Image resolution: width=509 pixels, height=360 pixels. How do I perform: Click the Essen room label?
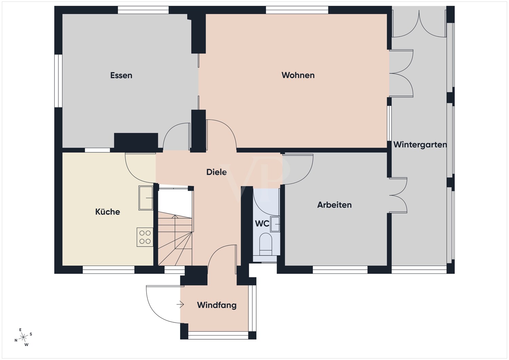pyautogui.click(x=121, y=75)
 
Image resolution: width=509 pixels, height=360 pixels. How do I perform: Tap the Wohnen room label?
pyautogui.click(x=298, y=75)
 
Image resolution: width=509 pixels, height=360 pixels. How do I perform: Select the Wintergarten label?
pyautogui.click(x=420, y=145)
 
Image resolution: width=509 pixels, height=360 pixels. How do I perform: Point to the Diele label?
pyautogui.click(x=216, y=172)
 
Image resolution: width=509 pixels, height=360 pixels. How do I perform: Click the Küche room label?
pyautogui.click(x=108, y=212)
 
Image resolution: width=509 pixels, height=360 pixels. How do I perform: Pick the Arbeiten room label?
pyautogui.click(x=334, y=205)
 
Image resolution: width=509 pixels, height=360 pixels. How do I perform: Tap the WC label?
pyautogui.click(x=262, y=224)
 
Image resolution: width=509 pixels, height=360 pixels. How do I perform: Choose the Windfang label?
pyautogui.click(x=216, y=305)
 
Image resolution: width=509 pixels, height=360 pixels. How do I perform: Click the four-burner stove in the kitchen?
pyautogui.click(x=145, y=237)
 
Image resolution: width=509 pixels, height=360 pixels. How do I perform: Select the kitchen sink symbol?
pyautogui.click(x=146, y=198)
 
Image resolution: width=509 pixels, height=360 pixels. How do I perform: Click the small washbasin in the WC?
pyautogui.click(x=275, y=224)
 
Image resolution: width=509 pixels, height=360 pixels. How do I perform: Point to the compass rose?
pyautogui.click(x=23, y=337)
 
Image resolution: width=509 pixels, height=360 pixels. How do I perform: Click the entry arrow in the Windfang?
pyautogui.click(x=180, y=304)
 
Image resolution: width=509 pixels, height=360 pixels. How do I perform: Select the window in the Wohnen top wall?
pyautogui.click(x=297, y=10)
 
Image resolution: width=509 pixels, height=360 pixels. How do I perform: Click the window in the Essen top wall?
pyautogui.click(x=143, y=10)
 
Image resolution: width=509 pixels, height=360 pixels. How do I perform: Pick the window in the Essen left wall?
pyautogui.click(x=58, y=81)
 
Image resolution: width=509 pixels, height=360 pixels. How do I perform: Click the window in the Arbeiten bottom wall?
pyautogui.click(x=340, y=269)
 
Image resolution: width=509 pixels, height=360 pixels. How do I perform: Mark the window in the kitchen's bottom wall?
pyautogui.click(x=109, y=269)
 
